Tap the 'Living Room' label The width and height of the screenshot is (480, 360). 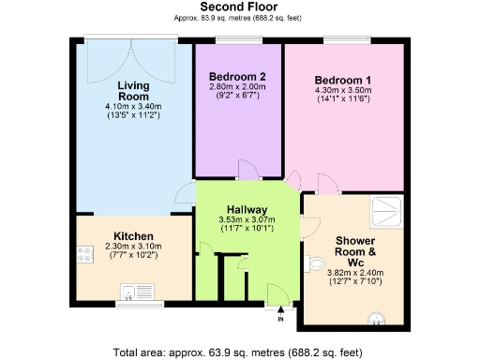pyautogui.click(x=133, y=90)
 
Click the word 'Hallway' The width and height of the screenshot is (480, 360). pyautogui.click(x=247, y=209)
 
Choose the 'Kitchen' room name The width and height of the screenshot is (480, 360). pyautogui.click(x=134, y=235)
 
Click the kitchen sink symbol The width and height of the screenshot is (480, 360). pyautogui.click(x=139, y=291)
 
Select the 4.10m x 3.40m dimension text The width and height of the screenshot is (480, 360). pyautogui.click(x=133, y=107)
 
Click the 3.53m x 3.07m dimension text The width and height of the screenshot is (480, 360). pyautogui.click(x=247, y=219)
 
